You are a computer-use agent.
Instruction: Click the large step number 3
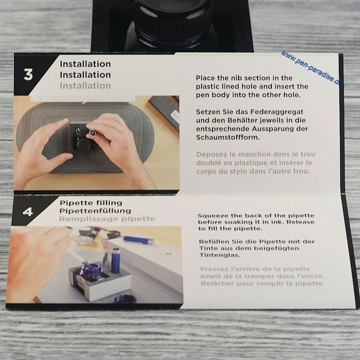tap(28, 75)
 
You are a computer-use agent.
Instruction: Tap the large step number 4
tap(27, 211)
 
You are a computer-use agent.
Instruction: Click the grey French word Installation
tap(85, 85)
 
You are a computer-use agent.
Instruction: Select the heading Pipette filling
tap(91, 203)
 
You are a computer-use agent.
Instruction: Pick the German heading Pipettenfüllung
tap(95, 211)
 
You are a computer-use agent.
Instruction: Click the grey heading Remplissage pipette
tap(107, 219)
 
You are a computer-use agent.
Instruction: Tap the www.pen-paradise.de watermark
tap(312, 68)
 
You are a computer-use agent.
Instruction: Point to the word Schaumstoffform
tap(228, 137)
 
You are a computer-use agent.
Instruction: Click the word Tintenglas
tap(220, 255)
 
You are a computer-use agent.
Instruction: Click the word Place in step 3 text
tap(206, 78)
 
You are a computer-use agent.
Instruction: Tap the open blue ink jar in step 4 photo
tap(91, 271)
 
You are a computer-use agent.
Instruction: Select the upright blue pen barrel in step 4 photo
tap(116, 261)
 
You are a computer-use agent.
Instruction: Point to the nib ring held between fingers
tap(92, 132)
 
